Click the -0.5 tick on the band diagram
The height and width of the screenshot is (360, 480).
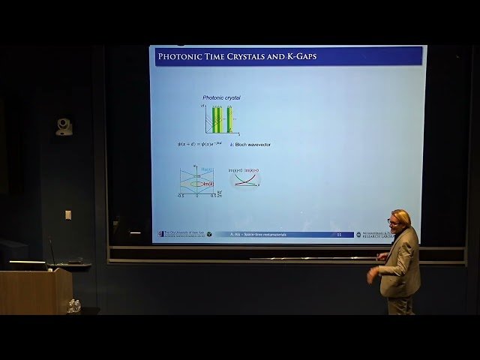(x=181, y=196)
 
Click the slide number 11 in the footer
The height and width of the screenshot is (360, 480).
(x=339, y=234)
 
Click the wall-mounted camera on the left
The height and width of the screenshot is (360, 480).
(x=64, y=127)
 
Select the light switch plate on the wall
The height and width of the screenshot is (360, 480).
(x=68, y=214)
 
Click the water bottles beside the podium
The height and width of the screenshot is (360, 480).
(x=73, y=305)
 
